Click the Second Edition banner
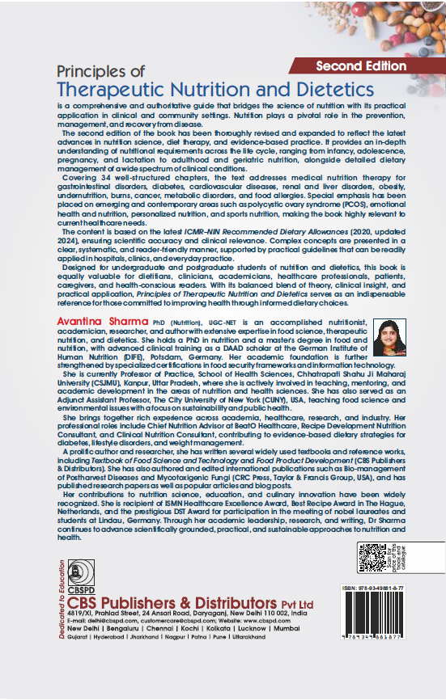(361, 65)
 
